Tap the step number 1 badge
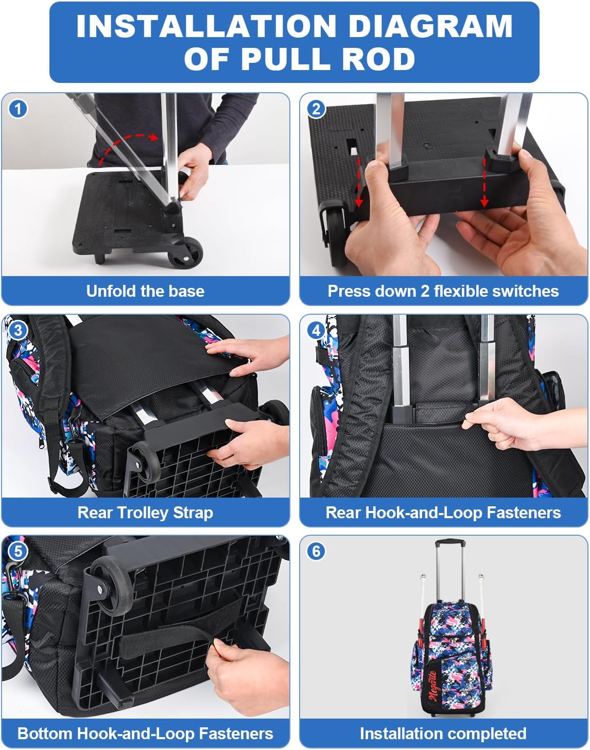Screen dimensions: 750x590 pos(19,109)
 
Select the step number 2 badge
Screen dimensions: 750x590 pos(316,109)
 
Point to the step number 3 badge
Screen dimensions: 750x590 pos(19,330)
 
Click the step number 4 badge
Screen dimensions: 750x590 pos(316,330)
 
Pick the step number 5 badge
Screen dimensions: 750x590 pos(19,551)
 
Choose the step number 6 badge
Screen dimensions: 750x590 pos(316,551)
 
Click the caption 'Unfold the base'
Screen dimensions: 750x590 pos(145,291)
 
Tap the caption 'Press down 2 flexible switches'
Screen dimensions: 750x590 pos(443,291)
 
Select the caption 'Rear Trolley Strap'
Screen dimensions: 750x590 pos(145,513)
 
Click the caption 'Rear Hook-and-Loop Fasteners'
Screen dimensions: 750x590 pos(443,513)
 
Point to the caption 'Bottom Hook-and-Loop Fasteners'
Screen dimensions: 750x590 pos(145,734)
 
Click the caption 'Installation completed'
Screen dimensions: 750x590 pos(443,734)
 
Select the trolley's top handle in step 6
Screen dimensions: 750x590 pos(447,542)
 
